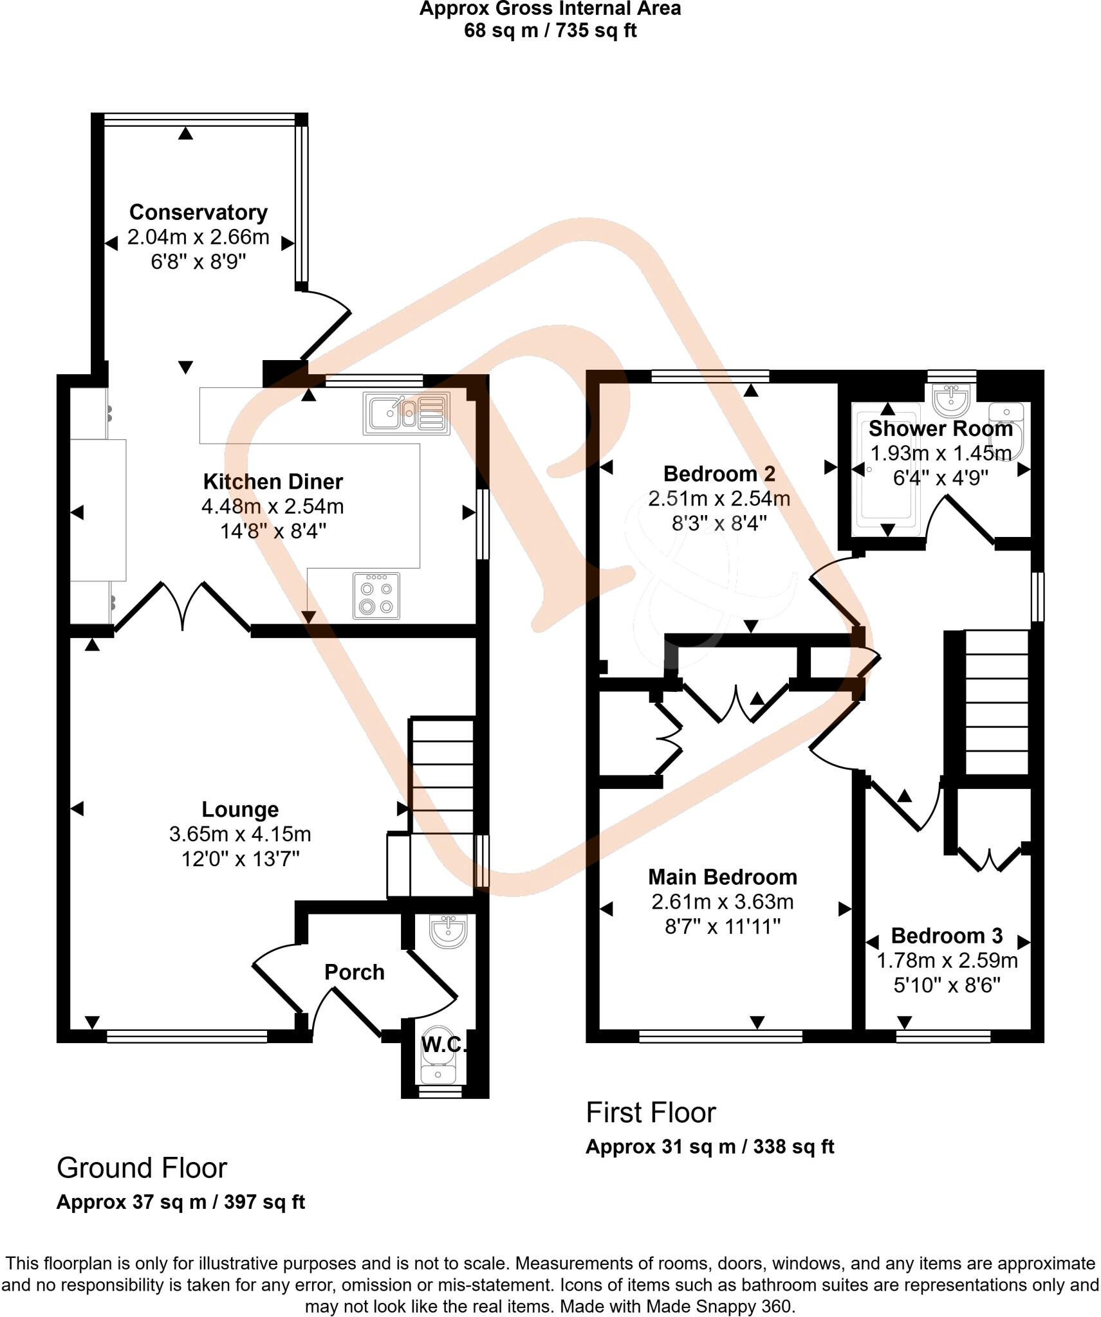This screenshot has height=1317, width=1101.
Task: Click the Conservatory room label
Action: (x=198, y=212)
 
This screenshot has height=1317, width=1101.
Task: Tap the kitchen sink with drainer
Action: (x=407, y=413)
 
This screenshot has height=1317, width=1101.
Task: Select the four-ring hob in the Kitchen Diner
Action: (x=376, y=596)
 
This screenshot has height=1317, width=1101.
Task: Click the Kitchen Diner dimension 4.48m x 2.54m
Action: (x=272, y=506)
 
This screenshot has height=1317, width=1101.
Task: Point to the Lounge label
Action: (x=240, y=809)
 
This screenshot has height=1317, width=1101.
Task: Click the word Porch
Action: (x=354, y=972)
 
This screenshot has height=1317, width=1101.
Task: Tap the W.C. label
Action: (x=443, y=1044)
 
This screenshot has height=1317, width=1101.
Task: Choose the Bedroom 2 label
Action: (x=719, y=474)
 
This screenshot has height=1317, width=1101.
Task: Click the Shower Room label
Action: (x=940, y=428)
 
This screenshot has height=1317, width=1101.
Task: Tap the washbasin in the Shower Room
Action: (x=952, y=401)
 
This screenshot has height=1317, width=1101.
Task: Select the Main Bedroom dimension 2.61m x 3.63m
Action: (x=722, y=902)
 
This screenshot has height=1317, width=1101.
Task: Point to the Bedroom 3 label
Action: (x=947, y=935)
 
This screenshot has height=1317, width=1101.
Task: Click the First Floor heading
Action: (x=651, y=1113)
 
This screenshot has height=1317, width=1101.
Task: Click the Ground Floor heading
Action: (x=142, y=1168)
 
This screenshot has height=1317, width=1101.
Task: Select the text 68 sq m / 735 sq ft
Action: (x=550, y=31)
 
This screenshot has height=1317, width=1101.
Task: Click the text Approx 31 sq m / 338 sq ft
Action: (x=709, y=1147)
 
